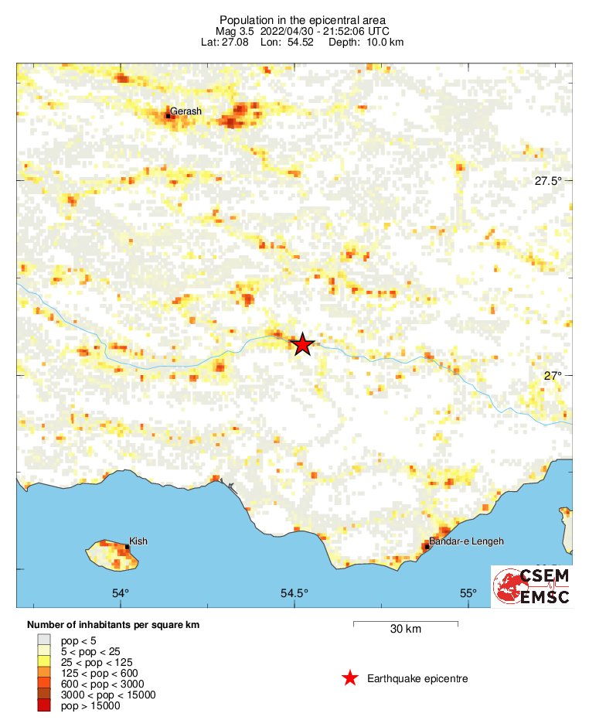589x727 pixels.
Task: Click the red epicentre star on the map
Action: [x=302, y=344]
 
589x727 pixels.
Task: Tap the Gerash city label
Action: [x=186, y=111]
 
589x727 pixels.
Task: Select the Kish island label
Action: [x=138, y=541]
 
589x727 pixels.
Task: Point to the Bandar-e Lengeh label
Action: [x=466, y=541]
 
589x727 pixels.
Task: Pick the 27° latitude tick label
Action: [x=552, y=376]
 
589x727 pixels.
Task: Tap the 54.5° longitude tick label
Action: [x=294, y=594]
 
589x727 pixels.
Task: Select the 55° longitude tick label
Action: [x=468, y=594]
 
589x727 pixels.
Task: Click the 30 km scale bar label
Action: [x=405, y=629]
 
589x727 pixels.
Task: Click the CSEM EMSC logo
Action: [x=532, y=586]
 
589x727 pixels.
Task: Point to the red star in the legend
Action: [x=350, y=678]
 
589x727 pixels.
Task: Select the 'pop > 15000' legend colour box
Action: [x=44, y=705]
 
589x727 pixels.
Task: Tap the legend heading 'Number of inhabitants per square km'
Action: [x=114, y=624]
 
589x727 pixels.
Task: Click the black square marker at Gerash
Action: [x=168, y=116]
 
